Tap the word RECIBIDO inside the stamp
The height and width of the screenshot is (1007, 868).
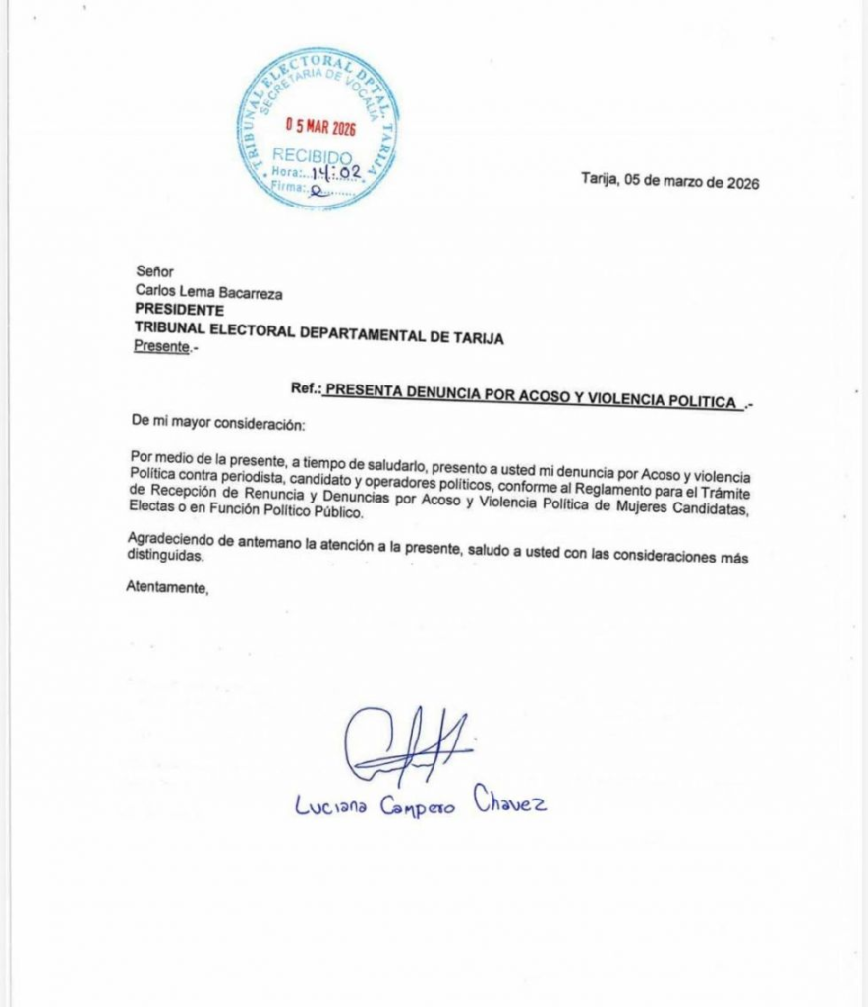point(312,155)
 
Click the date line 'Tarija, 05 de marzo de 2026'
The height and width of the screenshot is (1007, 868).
point(669,182)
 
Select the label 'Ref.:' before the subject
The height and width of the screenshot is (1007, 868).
point(306,388)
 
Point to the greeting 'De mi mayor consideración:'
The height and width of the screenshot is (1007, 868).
point(218,423)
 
